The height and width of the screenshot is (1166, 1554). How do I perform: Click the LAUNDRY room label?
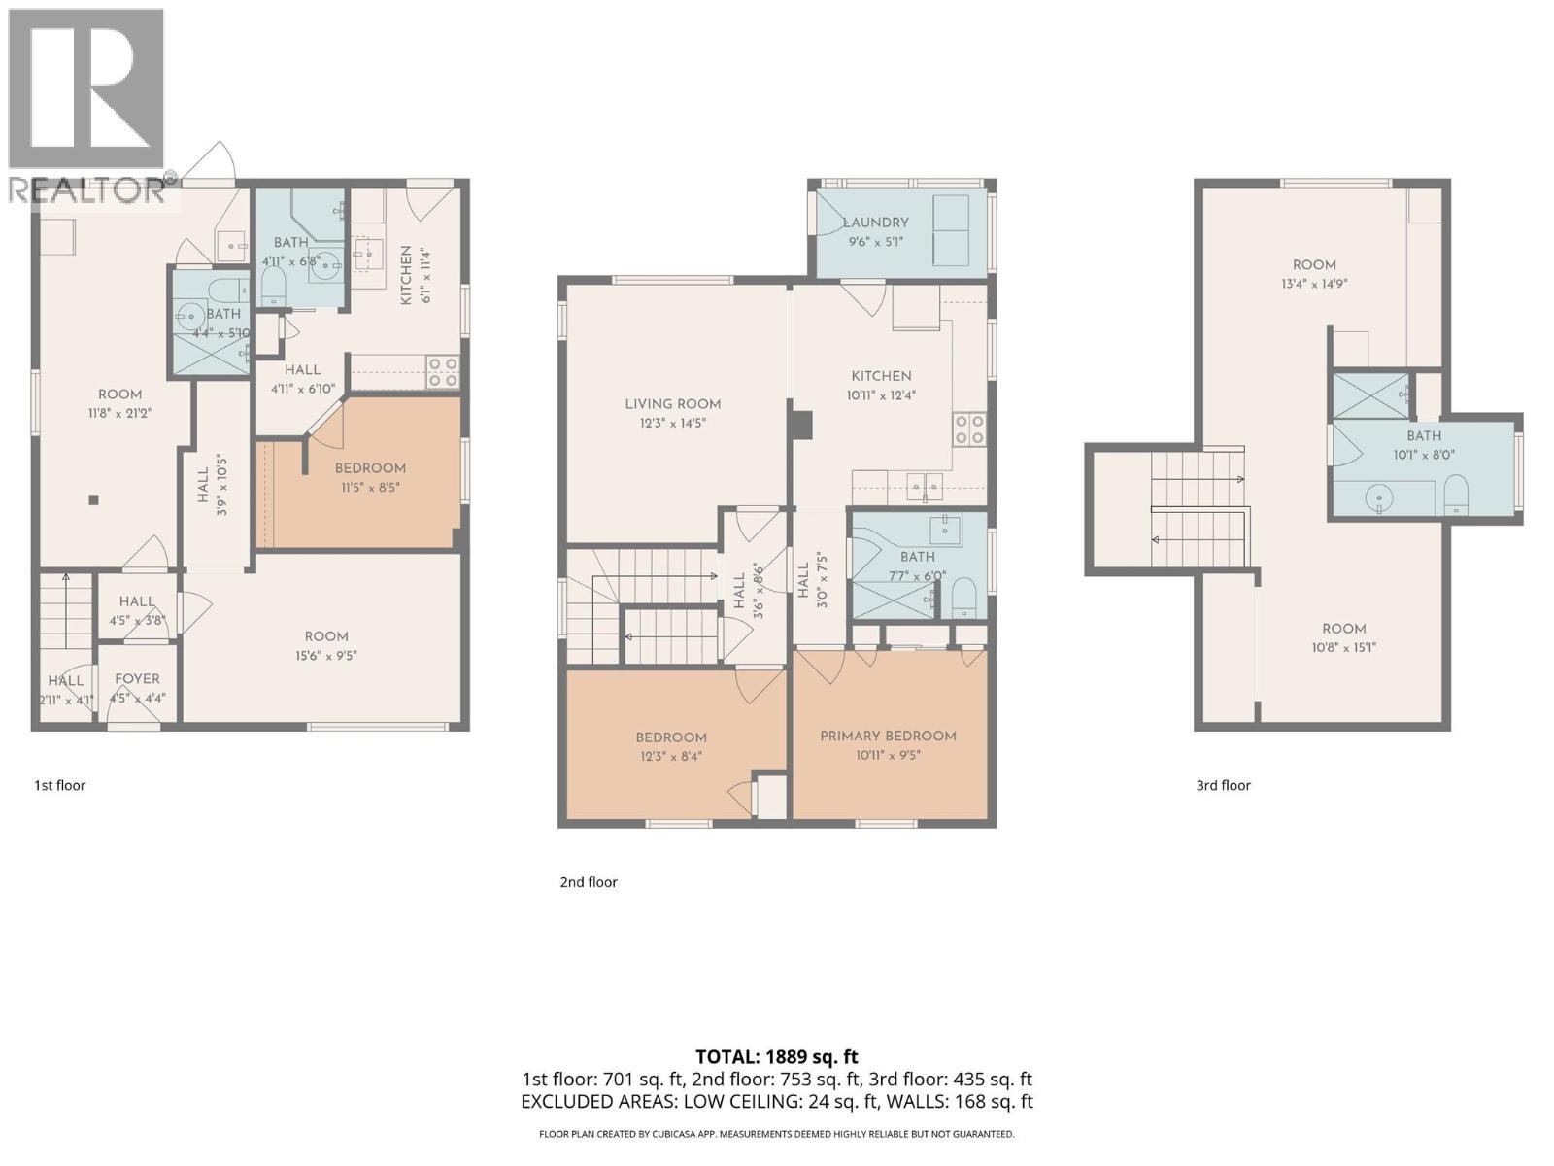coord(876,223)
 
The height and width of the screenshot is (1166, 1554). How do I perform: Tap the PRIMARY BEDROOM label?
coord(888,736)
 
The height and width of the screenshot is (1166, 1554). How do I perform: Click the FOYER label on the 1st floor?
coord(137,679)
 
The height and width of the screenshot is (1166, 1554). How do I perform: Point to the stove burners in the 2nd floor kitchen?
coord(969,429)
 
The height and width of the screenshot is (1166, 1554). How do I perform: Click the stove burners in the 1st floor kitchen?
coord(444,372)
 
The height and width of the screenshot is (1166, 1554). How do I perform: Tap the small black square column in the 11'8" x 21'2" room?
coord(93,500)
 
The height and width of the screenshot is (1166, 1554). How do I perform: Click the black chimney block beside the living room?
coord(801,426)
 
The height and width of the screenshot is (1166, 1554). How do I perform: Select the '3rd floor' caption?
coord(1223,785)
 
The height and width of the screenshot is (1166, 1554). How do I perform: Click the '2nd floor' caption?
coord(589,882)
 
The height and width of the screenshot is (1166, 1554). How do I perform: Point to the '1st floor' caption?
coord(60,785)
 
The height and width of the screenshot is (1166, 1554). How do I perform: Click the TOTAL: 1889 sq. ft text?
coord(777,1057)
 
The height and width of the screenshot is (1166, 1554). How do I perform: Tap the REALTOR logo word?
coord(87,189)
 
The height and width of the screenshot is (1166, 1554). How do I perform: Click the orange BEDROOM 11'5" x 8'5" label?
coord(370,468)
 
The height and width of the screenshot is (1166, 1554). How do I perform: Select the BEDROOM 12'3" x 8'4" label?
coord(671,737)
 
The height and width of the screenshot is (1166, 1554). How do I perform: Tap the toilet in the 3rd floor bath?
coord(1456,495)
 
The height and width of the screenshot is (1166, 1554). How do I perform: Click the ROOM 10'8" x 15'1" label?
coord(1343,629)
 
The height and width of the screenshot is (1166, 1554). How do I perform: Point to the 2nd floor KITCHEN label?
coord(881,376)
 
